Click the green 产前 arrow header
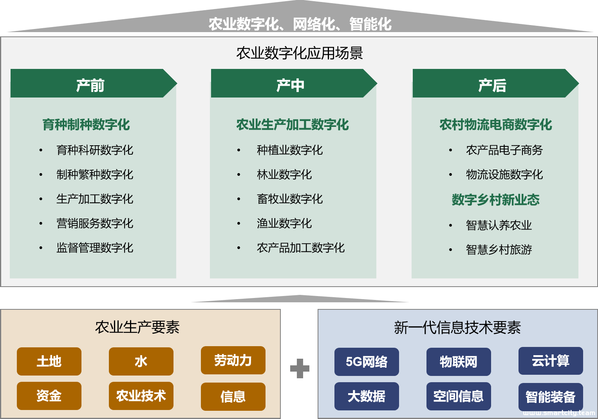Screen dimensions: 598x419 [x=94, y=83]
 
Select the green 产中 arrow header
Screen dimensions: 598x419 [x=294, y=83]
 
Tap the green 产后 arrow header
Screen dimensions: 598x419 [x=495, y=83]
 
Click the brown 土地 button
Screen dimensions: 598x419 [x=49, y=361]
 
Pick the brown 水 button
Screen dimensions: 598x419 [x=141, y=361]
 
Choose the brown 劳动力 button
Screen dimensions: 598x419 [x=233, y=360]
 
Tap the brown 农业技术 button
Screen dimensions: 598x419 [x=141, y=396]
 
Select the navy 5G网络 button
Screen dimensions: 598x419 [x=367, y=362]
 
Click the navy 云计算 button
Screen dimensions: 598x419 [x=551, y=361]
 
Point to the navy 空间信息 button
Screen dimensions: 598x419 [x=459, y=396]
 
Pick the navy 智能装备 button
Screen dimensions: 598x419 [x=551, y=397]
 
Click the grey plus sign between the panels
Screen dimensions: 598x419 [x=300, y=368]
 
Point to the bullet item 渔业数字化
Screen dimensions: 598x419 [x=284, y=223]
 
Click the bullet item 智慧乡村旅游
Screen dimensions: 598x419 [x=499, y=250]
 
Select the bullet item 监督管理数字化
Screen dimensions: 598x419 [x=95, y=247]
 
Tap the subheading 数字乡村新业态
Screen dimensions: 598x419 [x=495, y=200]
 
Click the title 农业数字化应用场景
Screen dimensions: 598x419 [x=300, y=53]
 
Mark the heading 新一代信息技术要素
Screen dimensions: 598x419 [x=457, y=327]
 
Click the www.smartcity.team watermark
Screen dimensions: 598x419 [x=559, y=413]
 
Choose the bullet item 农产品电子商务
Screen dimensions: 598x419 [x=504, y=150]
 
